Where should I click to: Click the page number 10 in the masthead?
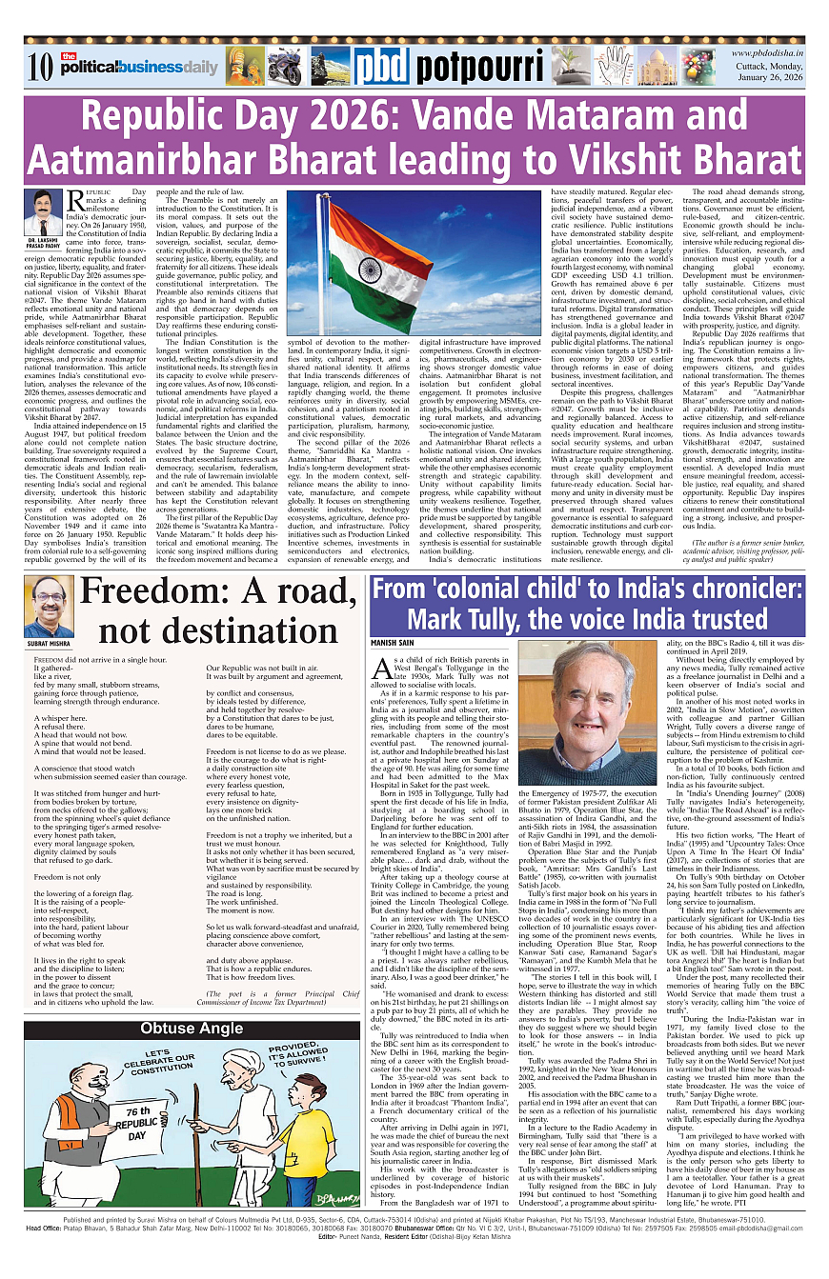(x=39, y=66)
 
